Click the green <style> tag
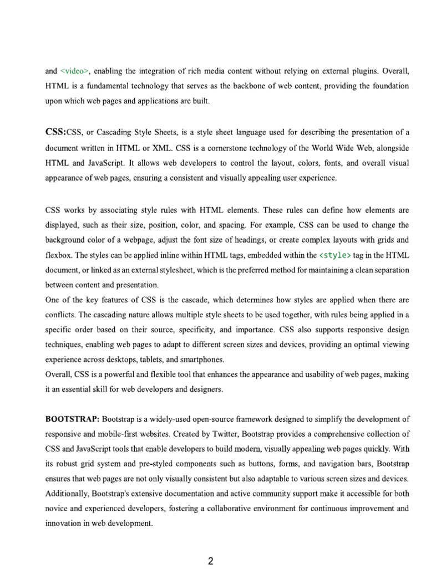[x=336, y=255]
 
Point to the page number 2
[x=211, y=560]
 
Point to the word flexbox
[x=58, y=255]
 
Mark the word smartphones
[x=200, y=360]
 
